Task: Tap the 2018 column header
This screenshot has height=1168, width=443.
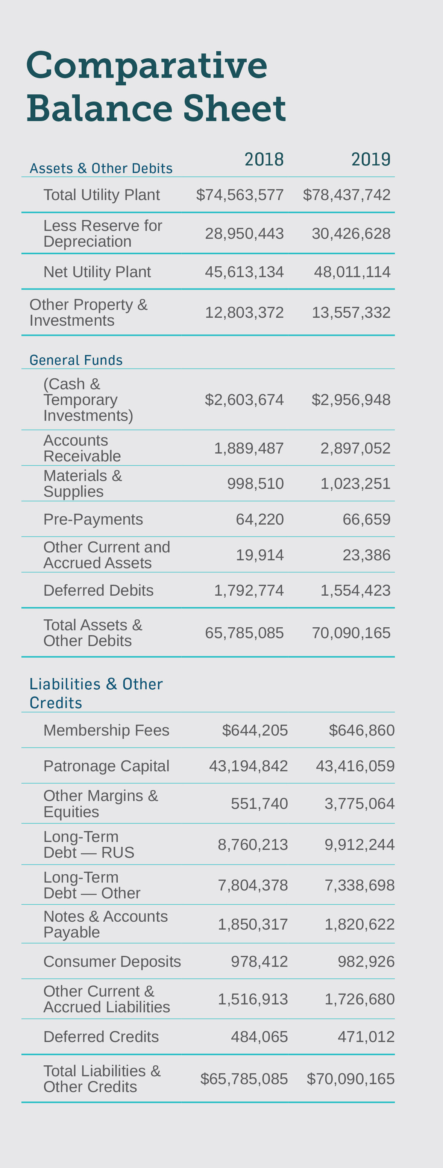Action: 264,159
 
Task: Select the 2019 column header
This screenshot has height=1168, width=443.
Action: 370,159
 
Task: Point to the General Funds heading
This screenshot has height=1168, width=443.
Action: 76,360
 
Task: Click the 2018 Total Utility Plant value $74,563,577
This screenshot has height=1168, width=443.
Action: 240,195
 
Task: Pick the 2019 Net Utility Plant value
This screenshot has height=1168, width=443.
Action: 352,272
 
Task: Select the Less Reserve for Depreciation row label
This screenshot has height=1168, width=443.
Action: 102,234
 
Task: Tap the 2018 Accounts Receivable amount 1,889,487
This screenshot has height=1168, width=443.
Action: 249,448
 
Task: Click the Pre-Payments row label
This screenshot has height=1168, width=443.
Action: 93,519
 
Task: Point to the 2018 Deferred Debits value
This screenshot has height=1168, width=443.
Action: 249,590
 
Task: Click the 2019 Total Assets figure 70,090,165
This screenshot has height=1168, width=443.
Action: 351,633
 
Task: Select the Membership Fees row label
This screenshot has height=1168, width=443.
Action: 106,730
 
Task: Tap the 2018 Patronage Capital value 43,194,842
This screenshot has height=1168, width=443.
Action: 248,766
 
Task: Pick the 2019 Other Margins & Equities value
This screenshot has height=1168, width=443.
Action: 359,804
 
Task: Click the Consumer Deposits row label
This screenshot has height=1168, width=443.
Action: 112,962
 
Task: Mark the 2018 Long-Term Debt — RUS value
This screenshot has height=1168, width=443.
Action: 253,845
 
